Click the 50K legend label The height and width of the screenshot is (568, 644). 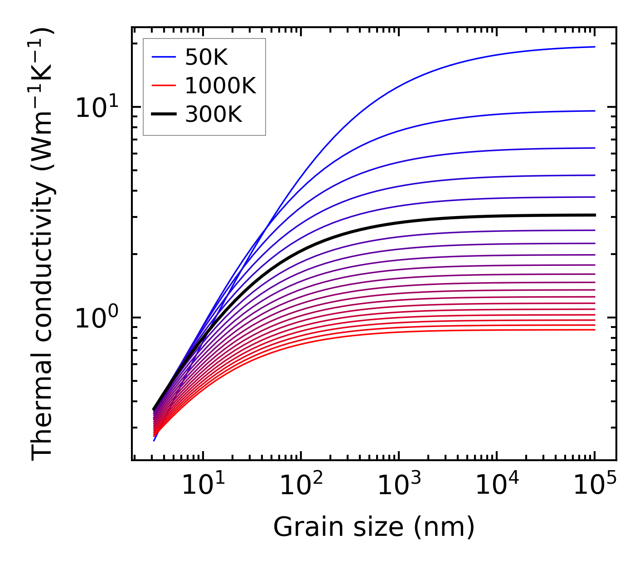(x=206, y=58)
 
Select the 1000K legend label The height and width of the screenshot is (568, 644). (x=220, y=86)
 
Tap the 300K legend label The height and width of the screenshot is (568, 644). (x=213, y=115)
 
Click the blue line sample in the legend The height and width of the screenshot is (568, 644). (x=164, y=57)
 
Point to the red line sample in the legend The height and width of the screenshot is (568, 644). (x=164, y=85)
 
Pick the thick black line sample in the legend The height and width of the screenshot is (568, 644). (x=164, y=114)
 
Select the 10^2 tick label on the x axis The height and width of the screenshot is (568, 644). (x=300, y=486)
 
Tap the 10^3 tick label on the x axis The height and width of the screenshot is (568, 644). (x=399, y=486)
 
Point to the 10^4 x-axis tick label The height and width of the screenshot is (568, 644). (x=497, y=486)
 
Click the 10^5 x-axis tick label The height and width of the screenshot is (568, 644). (x=595, y=486)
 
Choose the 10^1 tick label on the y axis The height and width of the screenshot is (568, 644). (x=96, y=109)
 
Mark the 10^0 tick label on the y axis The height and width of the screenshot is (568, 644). (x=96, y=319)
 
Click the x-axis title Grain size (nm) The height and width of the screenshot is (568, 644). (x=374, y=527)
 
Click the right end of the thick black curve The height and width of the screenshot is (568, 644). (x=594, y=215)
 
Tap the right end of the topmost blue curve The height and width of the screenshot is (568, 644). (x=594, y=47)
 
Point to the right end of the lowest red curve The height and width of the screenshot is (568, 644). (x=594, y=329)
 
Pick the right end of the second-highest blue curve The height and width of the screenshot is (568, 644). (x=594, y=111)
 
